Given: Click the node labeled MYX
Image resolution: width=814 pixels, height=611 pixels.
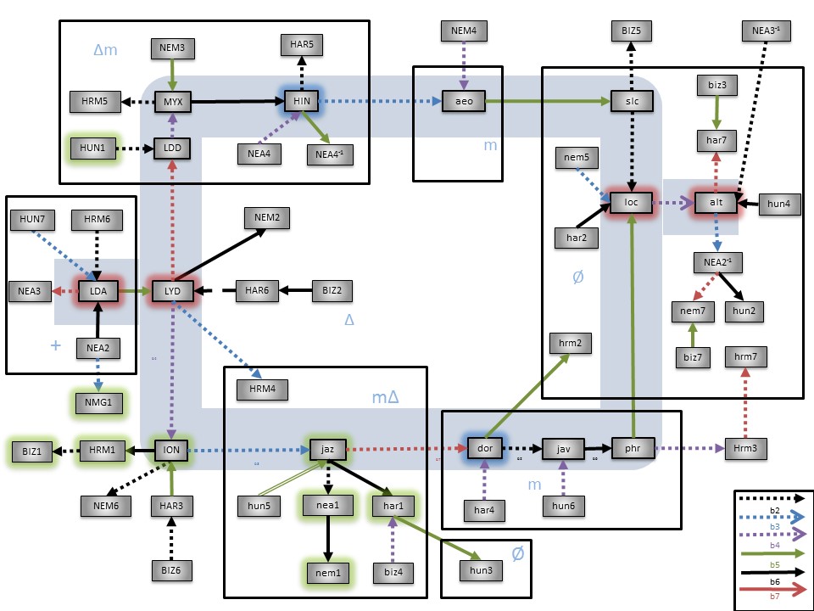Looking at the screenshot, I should pos(174,103).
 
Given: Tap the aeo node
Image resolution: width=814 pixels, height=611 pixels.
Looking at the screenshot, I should pos(463,102).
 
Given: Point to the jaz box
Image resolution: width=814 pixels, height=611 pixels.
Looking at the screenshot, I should pos(328,448).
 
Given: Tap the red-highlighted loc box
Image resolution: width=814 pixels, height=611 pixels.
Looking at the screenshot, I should pos(631,203).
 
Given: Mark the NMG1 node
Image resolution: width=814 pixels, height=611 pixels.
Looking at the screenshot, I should pos(98,401).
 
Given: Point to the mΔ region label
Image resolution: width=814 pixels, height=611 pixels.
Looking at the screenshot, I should pos(386,397).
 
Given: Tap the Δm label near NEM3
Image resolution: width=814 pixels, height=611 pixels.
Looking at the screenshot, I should pos(105,50).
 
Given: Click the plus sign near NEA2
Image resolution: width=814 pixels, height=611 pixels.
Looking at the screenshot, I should pos(57,346).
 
